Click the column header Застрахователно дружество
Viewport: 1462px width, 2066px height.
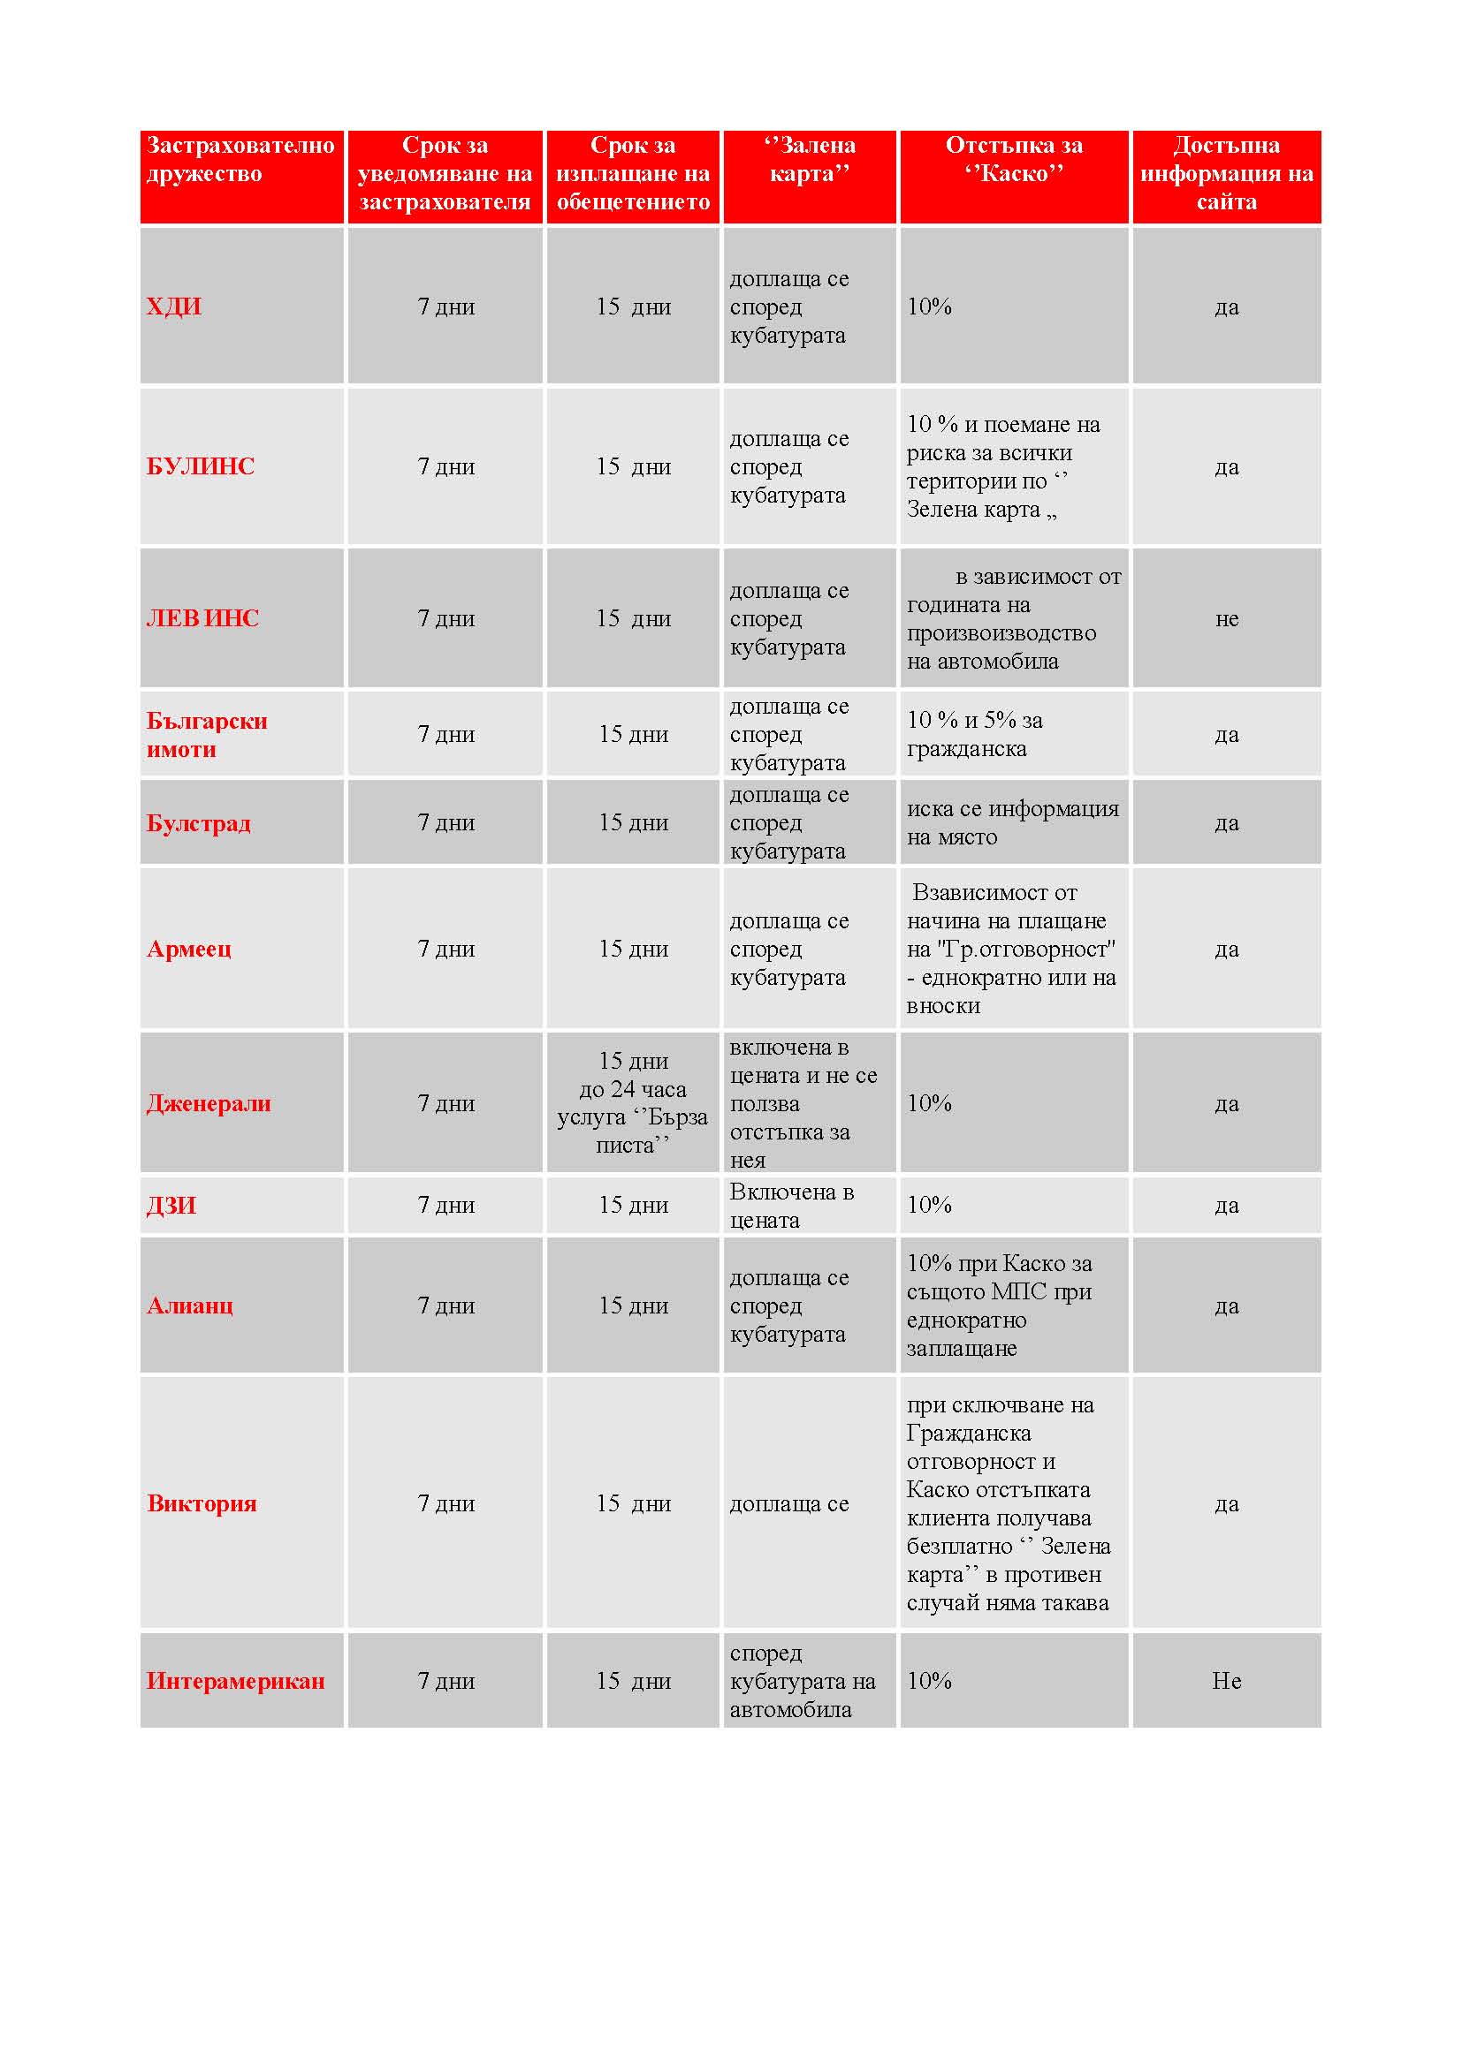tap(240, 159)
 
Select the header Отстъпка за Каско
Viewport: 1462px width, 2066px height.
tap(1014, 159)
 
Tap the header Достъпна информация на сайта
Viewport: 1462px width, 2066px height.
tap(1226, 174)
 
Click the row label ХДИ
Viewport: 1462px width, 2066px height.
tap(174, 306)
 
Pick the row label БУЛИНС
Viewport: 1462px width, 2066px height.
tap(201, 467)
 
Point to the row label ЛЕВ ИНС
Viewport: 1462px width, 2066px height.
tap(202, 619)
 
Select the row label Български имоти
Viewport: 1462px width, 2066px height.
tap(206, 735)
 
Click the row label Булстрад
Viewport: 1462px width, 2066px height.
tap(198, 823)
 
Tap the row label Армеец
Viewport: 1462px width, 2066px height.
tap(189, 950)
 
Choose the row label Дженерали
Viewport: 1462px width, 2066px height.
tap(209, 1104)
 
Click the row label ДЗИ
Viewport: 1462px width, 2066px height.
tap(171, 1206)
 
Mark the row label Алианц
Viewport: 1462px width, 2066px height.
tap(190, 1305)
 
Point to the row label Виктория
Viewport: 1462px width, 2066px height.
tap(202, 1503)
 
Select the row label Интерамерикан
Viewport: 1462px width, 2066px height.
tap(236, 1681)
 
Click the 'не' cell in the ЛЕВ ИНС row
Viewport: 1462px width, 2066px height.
tap(1226, 619)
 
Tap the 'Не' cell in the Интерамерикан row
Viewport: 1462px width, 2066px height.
tap(1226, 1681)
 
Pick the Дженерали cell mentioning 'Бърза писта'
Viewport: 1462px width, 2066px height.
tap(633, 1103)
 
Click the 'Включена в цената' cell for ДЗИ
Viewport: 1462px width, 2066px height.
tap(791, 1206)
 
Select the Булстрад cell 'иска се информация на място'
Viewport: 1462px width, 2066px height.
tap(1013, 823)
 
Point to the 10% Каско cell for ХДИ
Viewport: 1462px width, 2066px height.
tap(929, 306)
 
